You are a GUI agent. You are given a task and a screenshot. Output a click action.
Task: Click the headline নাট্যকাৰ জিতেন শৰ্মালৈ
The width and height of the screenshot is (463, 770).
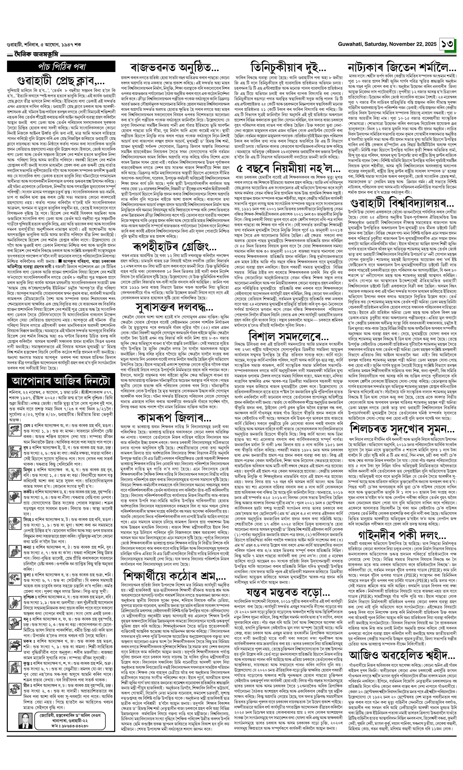click(x=402, y=68)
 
